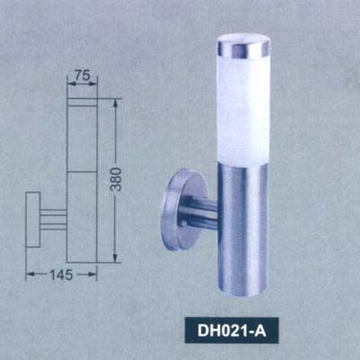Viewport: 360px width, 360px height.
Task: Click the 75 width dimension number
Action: (x=82, y=77)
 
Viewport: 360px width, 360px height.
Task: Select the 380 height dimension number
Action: (x=116, y=183)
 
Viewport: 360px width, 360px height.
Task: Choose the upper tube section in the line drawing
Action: (x=82, y=135)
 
